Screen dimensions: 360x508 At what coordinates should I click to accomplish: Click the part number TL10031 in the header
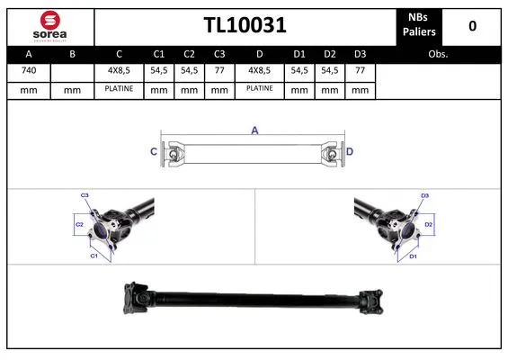click(245, 26)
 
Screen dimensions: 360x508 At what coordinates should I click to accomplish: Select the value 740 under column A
click(29, 69)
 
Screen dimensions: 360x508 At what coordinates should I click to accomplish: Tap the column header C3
click(218, 53)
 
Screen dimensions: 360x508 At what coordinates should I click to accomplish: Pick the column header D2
click(331, 53)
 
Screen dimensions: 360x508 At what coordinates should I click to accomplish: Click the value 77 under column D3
click(360, 69)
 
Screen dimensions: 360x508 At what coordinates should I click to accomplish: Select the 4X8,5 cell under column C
click(118, 69)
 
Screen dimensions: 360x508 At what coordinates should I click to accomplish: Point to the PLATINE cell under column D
click(260, 89)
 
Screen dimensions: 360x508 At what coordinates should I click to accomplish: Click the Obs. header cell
click(439, 53)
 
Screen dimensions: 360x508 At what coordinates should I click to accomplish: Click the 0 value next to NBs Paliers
click(472, 26)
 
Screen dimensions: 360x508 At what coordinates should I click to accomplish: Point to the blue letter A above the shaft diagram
click(254, 131)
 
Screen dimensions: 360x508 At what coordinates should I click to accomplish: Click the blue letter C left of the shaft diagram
click(153, 152)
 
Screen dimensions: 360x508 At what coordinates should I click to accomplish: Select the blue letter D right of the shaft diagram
click(350, 152)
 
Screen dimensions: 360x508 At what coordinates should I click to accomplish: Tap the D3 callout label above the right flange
click(425, 194)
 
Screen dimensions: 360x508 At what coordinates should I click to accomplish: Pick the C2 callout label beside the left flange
click(78, 223)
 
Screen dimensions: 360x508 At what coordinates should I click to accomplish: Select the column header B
click(73, 53)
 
